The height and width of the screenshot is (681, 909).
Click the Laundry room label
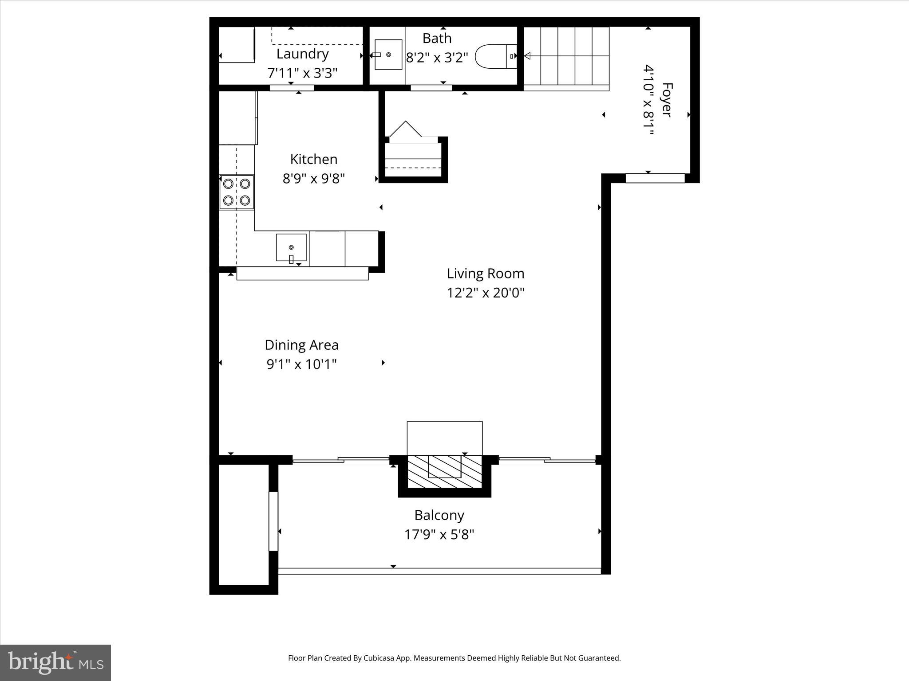(302, 54)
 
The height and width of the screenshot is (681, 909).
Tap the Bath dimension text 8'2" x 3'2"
(437, 58)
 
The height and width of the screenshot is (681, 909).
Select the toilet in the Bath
(495, 56)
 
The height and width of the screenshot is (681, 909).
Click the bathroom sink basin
(388, 55)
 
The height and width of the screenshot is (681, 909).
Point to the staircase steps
(566, 56)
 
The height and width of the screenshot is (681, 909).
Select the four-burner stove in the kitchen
(237, 192)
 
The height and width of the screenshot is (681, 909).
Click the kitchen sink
(291, 247)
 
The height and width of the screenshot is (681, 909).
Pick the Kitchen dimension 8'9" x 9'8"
(314, 178)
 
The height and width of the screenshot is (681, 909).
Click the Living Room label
(486, 274)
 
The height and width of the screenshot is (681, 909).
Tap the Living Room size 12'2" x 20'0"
(486, 293)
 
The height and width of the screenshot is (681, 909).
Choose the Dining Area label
(301, 345)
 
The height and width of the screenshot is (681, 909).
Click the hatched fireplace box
(444, 472)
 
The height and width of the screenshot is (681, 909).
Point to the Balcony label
(439, 515)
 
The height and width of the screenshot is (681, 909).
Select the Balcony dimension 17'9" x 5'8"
(439, 535)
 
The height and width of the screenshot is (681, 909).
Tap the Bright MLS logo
(55, 662)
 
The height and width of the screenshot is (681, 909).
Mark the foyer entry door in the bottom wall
(655, 178)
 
